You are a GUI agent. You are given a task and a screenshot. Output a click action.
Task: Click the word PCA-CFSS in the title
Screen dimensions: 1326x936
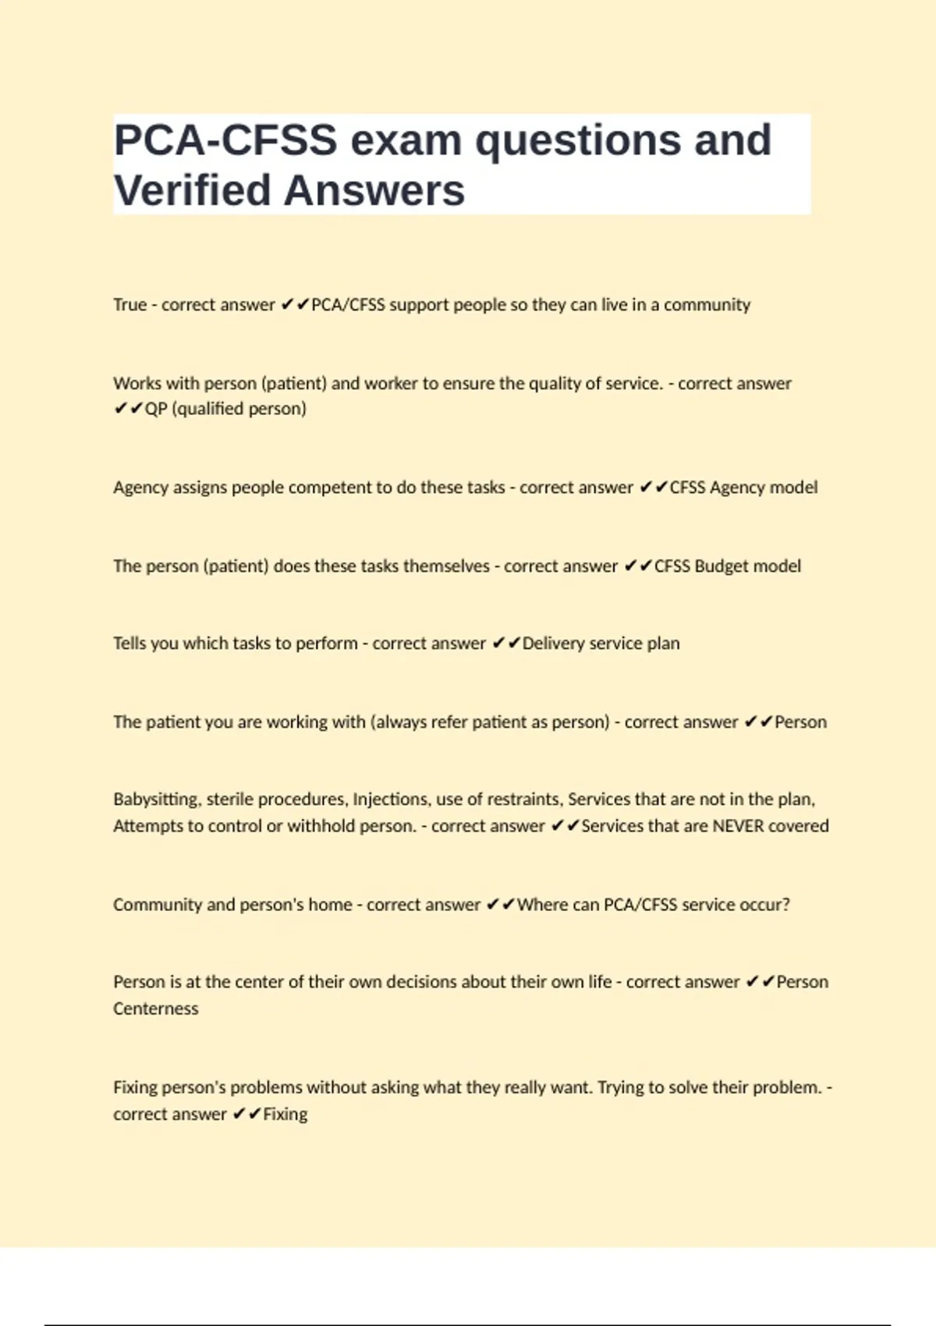tap(225, 140)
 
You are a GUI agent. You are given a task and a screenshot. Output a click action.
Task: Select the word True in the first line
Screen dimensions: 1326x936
tap(129, 304)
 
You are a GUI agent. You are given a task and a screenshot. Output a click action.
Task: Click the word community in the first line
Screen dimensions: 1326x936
tap(707, 304)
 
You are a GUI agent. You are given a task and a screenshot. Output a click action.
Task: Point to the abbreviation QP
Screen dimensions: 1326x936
tap(156, 409)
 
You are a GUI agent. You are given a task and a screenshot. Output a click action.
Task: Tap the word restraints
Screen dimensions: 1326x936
tap(523, 799)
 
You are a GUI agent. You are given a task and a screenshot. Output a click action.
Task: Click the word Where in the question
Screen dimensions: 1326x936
tap(540, 905)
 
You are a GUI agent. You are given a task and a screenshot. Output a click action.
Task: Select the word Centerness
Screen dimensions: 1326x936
tap(156, 1009)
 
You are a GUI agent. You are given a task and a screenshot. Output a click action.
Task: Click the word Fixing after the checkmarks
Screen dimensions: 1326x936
tap(285, 1114)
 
